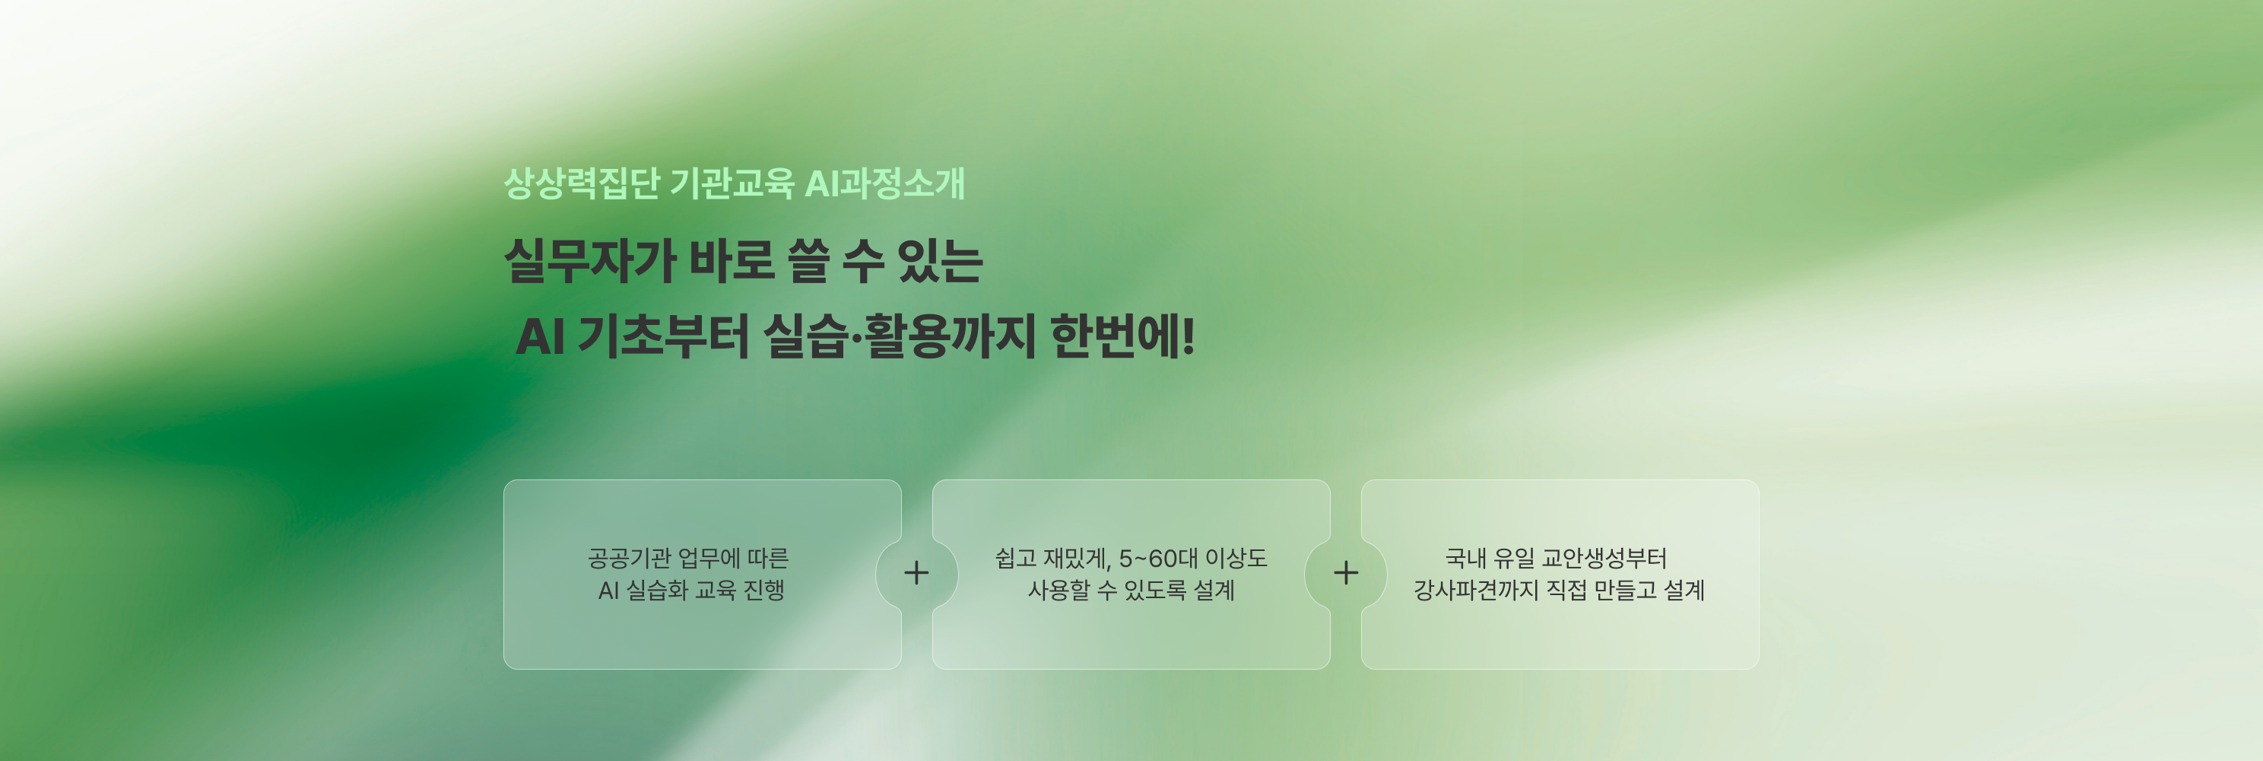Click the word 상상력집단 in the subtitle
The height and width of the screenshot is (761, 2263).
[582, 183]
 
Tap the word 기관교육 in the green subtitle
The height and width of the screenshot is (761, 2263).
[732, 183]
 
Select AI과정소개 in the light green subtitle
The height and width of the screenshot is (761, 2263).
[884, 183]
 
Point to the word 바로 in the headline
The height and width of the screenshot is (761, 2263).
[731, 261]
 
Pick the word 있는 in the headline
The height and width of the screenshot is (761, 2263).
[940, 261]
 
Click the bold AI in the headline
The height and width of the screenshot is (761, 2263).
[539, 336]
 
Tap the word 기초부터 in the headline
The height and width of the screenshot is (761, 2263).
[663, 336]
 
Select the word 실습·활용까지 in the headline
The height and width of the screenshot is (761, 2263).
[900, 336]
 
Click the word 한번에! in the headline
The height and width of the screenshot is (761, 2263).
[1122, 336]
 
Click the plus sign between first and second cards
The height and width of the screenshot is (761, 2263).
[916, 573]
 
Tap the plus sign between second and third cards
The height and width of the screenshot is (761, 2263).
[1346, 573]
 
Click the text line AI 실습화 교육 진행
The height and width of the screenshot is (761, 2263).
[691, 590]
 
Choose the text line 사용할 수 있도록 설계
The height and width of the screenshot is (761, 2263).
[1131, 590]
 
